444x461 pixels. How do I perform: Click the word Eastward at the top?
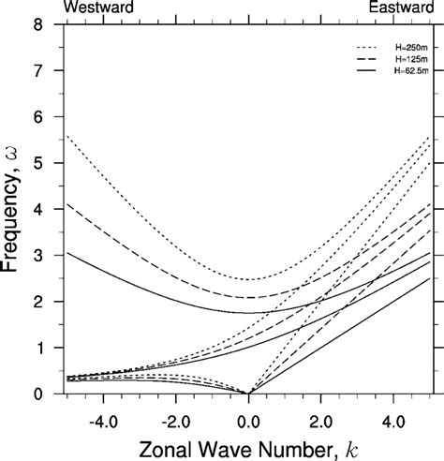click(x=402, y=7)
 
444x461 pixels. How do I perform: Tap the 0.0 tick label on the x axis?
click(x=249, y=409)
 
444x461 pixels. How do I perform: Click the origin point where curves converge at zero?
click(x=248, y=394)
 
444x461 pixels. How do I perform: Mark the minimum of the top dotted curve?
click(x=248, y=279)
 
